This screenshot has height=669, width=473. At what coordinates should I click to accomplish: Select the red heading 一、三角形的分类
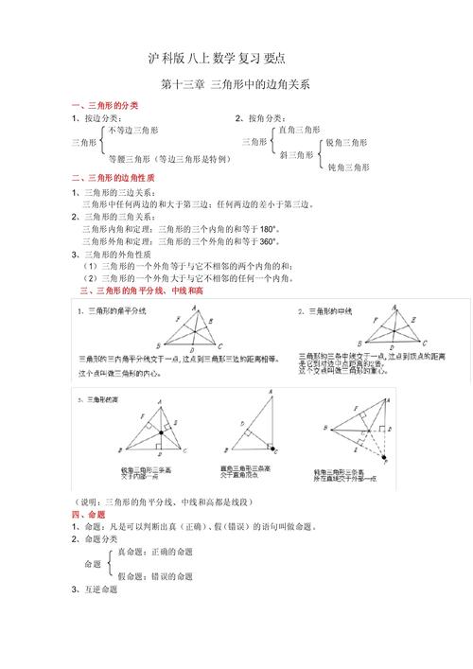[x=105, y=104]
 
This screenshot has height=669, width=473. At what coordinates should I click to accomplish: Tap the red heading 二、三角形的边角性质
[x=113, y=179]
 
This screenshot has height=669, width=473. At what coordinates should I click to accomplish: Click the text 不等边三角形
[x=133, y=130]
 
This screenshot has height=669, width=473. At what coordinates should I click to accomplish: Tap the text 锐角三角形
[x=347, y=143]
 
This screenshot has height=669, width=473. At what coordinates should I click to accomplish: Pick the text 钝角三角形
[x=347, y=167]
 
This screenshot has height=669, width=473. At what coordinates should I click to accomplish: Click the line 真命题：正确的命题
[x=154, y=551]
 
